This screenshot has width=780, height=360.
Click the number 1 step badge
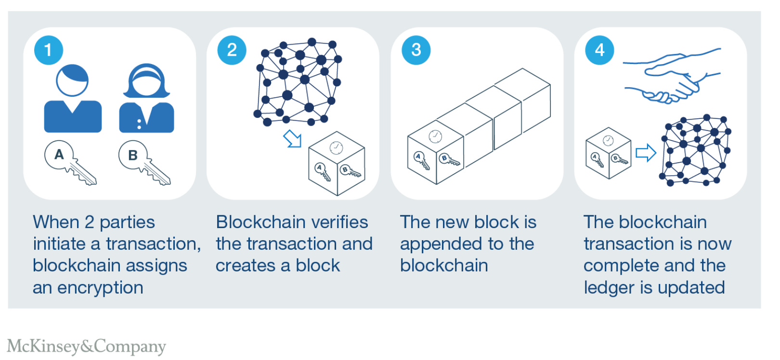(x=48, y=50)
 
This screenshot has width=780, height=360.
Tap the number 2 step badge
(x=232, y=50)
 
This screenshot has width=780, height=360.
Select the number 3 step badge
(x=416, y=50)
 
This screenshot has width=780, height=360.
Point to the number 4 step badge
(x=599, y=50)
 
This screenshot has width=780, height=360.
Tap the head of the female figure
(x=146, y=81)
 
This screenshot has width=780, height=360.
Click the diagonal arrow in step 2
(x=293, y=139)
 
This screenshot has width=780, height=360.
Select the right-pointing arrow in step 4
(x=646, y=153)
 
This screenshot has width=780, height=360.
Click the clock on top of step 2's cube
(x=336, y=147)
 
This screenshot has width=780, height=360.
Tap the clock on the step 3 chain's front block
(x=435, y=136)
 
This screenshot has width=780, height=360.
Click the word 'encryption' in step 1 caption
(x=100, y=288)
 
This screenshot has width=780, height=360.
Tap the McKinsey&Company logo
(x=87, y=346)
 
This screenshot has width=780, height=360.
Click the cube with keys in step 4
(x=608, y=153)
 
